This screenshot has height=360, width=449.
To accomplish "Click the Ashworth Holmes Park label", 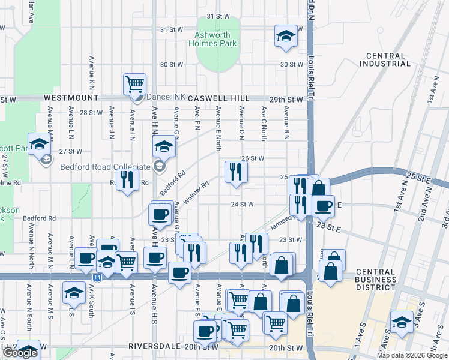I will coord(212,39).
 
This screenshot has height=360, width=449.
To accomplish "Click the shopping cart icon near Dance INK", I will coord(134,85).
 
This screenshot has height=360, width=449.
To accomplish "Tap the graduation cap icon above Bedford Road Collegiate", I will coord(163,146).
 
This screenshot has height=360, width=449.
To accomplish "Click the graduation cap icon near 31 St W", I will coord(286,36).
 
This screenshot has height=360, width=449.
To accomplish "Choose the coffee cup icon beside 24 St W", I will coord(323,206).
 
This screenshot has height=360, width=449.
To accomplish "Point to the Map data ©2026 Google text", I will coord(412,355).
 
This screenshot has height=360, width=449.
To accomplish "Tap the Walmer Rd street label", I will coord(196,191).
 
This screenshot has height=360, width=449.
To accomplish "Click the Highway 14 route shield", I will coord(97,277).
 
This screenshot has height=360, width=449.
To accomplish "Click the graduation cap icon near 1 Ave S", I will coord(401,322).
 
